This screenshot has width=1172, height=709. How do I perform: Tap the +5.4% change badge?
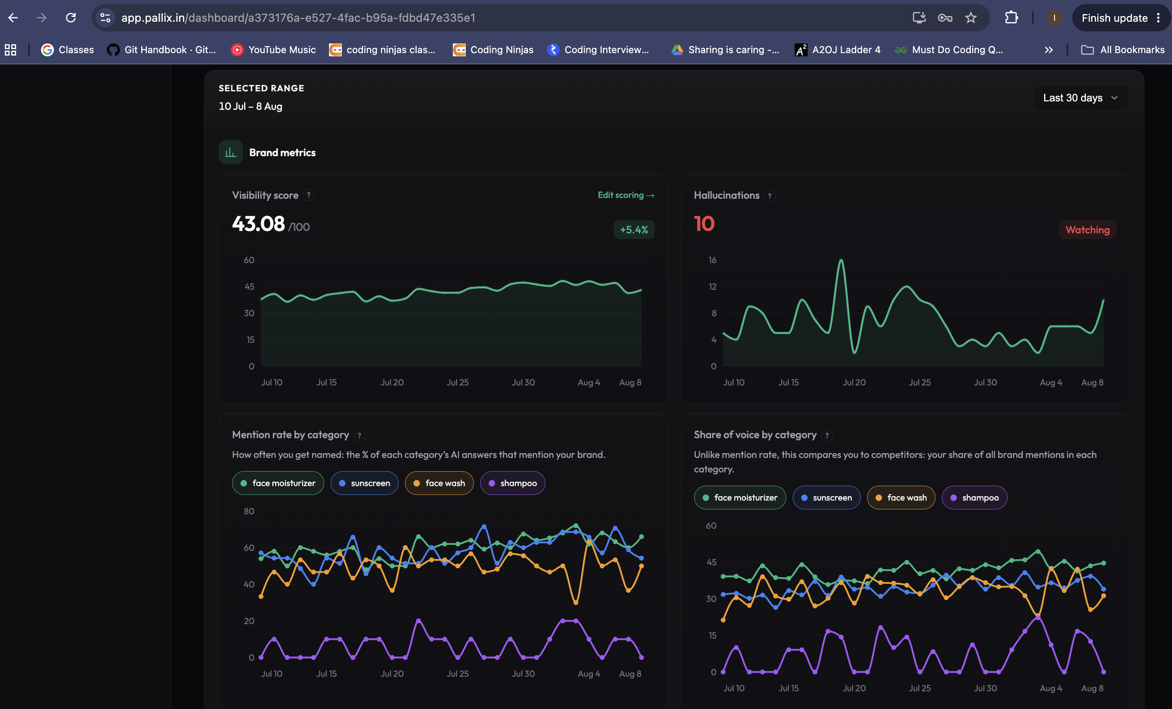pyautogui.click(x=633, y=230)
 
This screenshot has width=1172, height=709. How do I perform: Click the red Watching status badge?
pyautogui.click(x=1087, y=230)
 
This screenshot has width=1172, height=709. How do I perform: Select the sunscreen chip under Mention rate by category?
pyautogui.click(x=364, y=483)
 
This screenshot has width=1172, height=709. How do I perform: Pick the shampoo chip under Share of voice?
pyautogui.click(x=974, y=498)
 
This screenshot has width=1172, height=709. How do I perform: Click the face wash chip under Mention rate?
pyautogui.click(x=439, y=483)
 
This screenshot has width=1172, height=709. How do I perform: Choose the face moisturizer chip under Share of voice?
pyautogui.click(x=740, y=498)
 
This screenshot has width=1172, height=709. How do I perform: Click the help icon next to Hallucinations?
pyautogui.click(x=769, y=196)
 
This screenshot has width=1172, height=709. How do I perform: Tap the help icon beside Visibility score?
pyautogui.click(x=309, y=196)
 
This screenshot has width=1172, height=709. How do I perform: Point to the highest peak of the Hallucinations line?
pyautogui.click(x=841, y=260)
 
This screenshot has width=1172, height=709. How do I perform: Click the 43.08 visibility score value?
pyautogui.click(x=258, y=224)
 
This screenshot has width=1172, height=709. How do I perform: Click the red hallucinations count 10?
pyautogui.click(x=704, y=224)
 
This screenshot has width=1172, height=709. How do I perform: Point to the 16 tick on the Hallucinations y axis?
pyautogui.click(x=712, y=260)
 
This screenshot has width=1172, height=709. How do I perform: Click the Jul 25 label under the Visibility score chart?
pyautogui.click(x=458, y=383)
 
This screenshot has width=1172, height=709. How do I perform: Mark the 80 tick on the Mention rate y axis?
pyautogui.click(x=249, y=511)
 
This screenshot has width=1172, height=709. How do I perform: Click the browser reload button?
pyautogui.click(x=71, y=18)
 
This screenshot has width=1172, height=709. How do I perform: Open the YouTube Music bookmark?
pyautogui.click(x=273, y=50)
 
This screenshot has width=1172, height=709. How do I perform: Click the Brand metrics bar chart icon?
pyautogui.click(x=231, y=152)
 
